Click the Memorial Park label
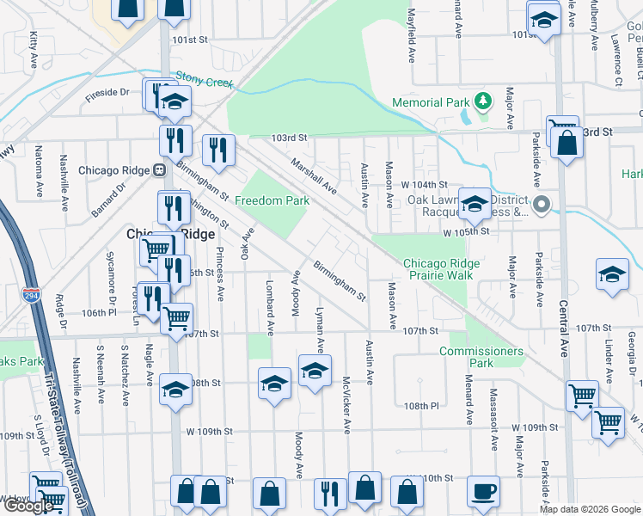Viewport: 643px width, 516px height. click(430, 102)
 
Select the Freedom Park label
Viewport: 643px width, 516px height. click(272, 201)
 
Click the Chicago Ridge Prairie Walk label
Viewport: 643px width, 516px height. click(438, 269)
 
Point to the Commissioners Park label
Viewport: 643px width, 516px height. click(481, 357)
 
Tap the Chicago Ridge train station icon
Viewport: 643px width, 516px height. click(160, 169)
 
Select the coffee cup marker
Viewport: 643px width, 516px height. click(483, 491)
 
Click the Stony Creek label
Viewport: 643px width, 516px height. click(205, 80)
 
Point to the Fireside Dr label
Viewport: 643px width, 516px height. click(107, 93)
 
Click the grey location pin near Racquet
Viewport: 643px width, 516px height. click(541, 205)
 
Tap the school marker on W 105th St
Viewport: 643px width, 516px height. click(474, 204)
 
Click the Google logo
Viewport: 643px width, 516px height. click(28, 506)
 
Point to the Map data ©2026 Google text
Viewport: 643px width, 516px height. click(589, 509)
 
